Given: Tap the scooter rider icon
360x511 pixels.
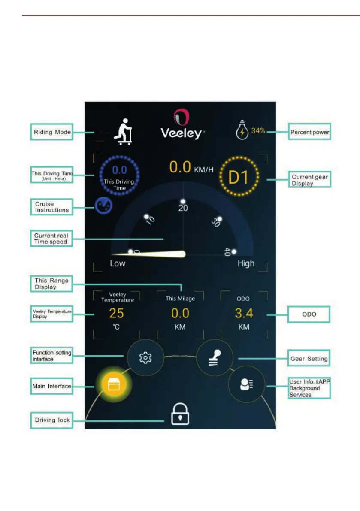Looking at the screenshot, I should (x=123, y=132).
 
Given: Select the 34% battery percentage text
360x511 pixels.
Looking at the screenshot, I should (x=258, y=131).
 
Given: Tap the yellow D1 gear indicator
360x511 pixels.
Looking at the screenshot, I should (x=239, y=177).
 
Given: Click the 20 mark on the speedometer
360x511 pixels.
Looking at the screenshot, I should (x=183, y=208).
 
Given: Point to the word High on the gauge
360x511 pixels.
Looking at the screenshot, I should (x=246, y=263).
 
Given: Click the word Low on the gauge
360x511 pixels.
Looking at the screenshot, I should (x=118, y=263).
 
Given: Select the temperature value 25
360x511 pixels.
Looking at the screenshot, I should (x=116, y=313).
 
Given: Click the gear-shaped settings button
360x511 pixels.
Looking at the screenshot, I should (x=146, y=358).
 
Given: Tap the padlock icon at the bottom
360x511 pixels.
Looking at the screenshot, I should (x=180, y=414).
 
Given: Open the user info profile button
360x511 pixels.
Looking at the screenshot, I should (x=246, y=384).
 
